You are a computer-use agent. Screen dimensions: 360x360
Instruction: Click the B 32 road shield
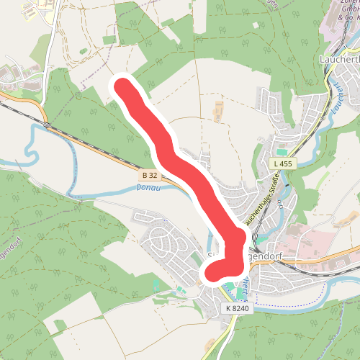[x=150, y=176]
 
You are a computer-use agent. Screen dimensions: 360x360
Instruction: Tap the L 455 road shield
[x=283, y=164]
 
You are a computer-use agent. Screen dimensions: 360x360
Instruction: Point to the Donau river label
[x=146, y=188]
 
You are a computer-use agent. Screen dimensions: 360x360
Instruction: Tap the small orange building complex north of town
[x=219, y=110]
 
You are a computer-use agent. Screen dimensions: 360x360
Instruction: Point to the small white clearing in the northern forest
[x=109, y=39]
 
